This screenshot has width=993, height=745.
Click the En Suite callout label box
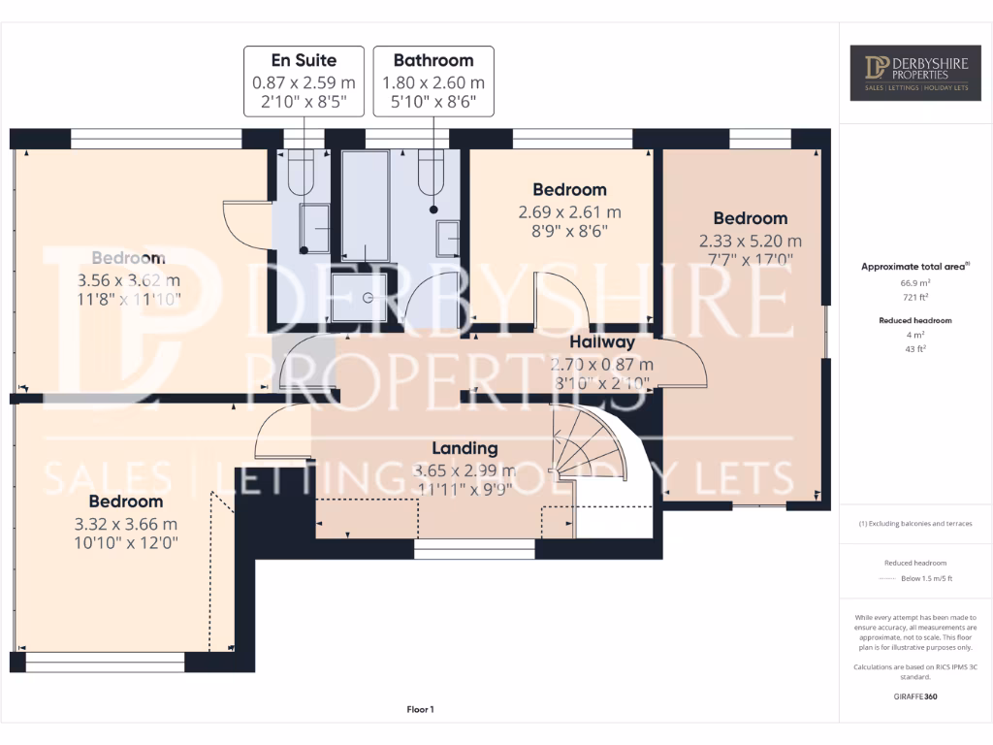point(304,81)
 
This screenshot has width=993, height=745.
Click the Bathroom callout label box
point(433,81)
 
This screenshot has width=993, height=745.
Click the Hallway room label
point(601,342)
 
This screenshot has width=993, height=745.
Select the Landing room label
point(464,448)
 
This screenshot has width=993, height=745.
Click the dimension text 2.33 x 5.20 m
point(750,241)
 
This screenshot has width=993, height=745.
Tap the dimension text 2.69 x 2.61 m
point(569,212)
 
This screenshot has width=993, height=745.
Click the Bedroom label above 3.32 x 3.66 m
point(125,502)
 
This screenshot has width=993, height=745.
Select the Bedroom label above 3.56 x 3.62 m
point(128,258)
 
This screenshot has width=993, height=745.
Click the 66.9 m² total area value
point(915,282)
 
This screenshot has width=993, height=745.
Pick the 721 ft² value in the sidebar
point(915,296)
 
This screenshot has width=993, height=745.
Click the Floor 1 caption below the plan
point(420,710)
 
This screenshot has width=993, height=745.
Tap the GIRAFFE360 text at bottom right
point(915,696)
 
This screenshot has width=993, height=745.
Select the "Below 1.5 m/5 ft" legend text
point(926,579)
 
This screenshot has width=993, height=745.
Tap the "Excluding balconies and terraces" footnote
point(915,524)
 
